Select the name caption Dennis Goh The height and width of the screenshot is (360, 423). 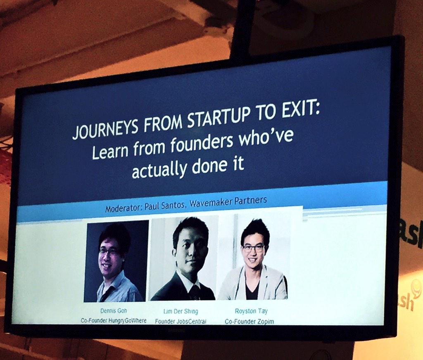[114, 311]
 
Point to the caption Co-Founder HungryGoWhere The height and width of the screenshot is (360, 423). [114, 321]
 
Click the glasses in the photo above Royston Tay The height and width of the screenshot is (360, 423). [253, 248]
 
